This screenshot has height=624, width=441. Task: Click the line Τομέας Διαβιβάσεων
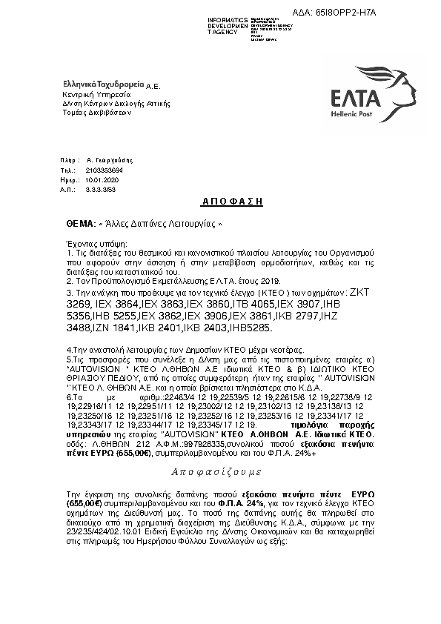96,113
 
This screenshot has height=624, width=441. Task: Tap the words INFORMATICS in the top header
228,19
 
